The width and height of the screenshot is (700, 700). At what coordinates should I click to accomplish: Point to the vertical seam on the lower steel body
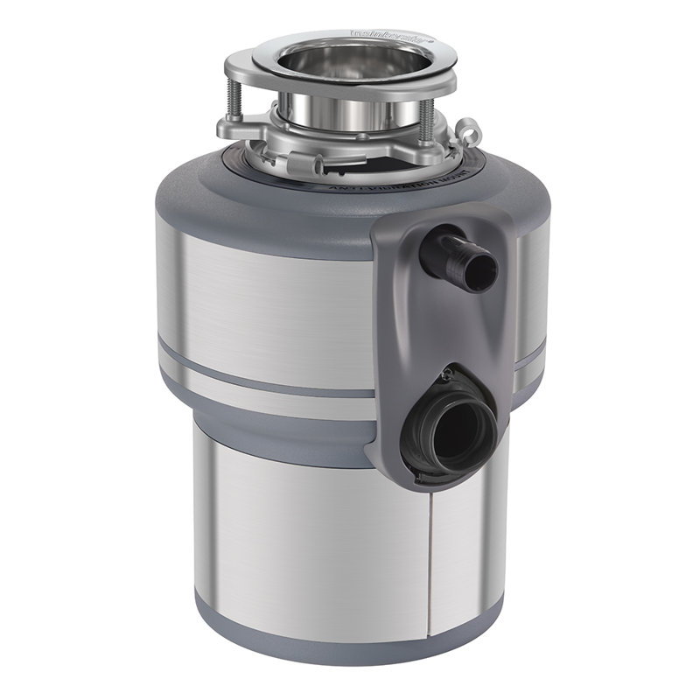pos(429,560)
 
